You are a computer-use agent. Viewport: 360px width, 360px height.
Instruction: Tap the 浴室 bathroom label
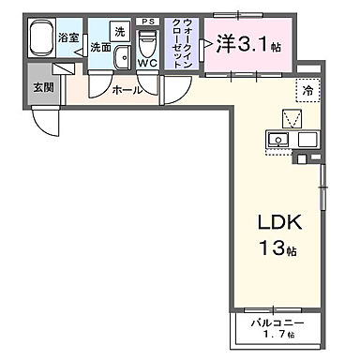pos(67,38)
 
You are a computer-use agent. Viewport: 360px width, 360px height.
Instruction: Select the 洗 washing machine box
pos(119,32)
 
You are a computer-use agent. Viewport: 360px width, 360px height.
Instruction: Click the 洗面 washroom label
pos(100,47)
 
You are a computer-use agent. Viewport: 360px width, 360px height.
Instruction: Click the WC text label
pos(147,64)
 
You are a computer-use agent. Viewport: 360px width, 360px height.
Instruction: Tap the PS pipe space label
pos(146,21)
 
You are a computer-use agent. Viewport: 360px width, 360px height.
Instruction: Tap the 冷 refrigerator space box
pos(307,90)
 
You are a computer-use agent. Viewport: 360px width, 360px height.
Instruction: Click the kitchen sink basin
pos(278,140)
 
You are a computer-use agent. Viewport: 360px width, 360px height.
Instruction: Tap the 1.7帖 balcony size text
pos(278,335)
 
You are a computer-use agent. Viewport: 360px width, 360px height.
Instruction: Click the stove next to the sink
pos(305,141)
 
